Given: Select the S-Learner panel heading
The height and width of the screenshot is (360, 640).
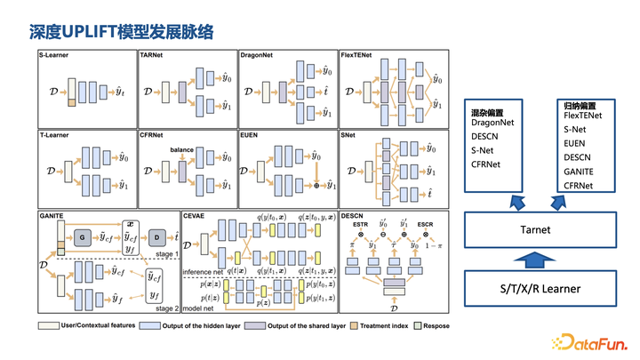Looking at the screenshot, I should click(56, 56).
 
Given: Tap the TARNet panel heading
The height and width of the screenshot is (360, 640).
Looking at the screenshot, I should click(153, 56).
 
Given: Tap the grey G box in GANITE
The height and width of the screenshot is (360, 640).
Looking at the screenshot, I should click(81, 237).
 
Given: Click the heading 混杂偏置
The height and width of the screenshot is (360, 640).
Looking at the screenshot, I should click(489, 114).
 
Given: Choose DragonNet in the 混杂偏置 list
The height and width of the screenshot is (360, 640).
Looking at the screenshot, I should click(495, 124).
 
